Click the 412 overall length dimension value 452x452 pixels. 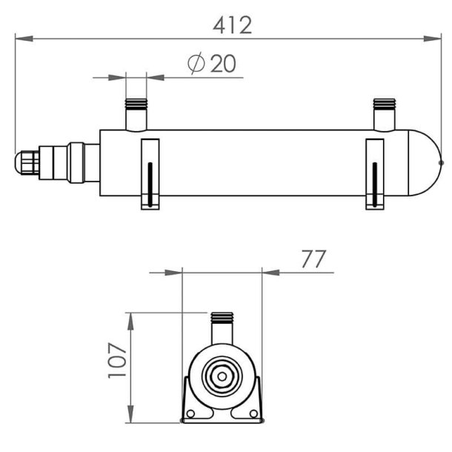click(x=232, y=24)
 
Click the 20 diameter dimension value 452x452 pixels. click(x=222, y=64)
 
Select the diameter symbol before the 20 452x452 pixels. click(x=197, y=64)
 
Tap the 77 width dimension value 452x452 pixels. click(x=313, y=259)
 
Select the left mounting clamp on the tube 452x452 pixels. click(x=150, y=173)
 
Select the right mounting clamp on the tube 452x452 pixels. click(x=376, y=173)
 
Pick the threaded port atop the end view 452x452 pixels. click(x=222, y=327)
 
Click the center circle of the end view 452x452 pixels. click(x=222, y=376)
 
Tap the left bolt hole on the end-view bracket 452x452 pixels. click(x=190, y=413)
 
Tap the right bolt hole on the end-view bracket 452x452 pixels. click(x=253, y=413)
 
